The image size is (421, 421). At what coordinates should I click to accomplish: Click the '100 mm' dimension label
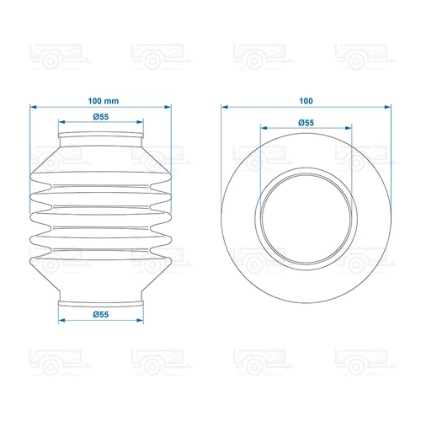coord(104,101)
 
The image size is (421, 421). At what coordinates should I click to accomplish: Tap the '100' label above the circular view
coord(306,101)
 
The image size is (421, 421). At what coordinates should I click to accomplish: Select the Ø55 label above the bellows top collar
coord(101,117)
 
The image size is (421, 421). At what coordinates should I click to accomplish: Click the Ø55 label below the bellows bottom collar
coord(101,314)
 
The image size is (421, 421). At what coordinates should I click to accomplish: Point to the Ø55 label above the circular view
coord(306,123)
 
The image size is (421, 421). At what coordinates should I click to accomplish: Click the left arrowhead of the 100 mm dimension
coord(34,107)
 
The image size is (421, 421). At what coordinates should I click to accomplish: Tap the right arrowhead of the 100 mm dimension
coord(168,107)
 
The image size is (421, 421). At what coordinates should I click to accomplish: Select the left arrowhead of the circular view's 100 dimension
coord(225,107)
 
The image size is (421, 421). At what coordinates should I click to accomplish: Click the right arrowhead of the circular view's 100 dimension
coord(387,107)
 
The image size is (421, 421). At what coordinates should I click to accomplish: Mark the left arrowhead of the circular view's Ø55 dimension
coord(264,128)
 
